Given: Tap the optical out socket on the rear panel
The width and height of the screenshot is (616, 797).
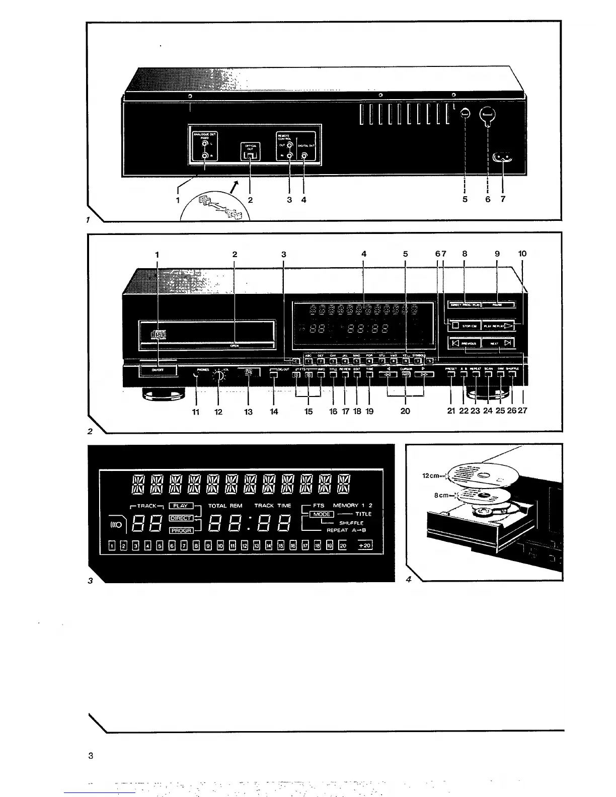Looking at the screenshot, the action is pos(250,156).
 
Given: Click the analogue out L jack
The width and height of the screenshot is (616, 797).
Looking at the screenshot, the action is pos(205,143).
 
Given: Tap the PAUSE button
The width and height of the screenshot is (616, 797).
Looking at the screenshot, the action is pos(498,304).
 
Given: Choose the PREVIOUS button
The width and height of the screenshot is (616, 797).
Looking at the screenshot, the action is pos(465,343).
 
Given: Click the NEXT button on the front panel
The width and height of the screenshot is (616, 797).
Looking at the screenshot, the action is pos(498,343).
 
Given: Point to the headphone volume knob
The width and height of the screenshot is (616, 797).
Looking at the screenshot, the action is pos(218,374).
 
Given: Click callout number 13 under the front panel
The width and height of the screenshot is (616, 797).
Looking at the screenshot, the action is pos(248,411).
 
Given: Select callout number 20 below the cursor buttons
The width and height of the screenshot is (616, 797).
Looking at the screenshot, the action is pos(405,411).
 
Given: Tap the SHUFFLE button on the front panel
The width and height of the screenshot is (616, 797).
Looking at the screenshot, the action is pos(512,374).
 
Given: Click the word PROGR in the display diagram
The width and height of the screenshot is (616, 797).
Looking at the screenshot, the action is pos(181,530).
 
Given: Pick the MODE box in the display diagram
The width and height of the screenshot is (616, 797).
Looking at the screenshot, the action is pos(322,514).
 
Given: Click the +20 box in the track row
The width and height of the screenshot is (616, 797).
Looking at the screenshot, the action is pos(364,545).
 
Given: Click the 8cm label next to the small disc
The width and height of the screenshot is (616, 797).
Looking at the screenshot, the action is pos(442,495).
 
